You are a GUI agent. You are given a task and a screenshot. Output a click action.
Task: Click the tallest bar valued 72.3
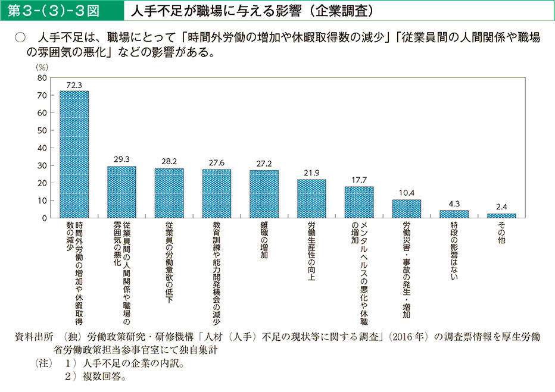click(x=74, y=155)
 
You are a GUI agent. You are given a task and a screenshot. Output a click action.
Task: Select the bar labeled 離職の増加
click(x=264, y=195)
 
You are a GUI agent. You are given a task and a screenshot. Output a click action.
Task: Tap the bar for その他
click(x=501, y=215)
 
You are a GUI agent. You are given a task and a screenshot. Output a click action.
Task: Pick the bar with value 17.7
click(x=359, y=203)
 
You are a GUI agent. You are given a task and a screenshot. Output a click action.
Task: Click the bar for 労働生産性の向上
click(x=311, y=199)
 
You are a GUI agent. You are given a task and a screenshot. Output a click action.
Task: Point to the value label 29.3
click(x=121, y=159)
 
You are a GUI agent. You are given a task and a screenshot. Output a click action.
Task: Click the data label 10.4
click(x=406, y=193)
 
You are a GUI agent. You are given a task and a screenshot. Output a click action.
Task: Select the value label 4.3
click(x=454, y=203)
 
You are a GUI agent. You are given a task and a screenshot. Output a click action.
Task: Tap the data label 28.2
click(x=169, y=162)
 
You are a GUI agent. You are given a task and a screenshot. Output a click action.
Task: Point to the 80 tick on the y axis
click(x=42, y=78)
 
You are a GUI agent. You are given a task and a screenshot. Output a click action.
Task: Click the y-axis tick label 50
click(x=42, y=130)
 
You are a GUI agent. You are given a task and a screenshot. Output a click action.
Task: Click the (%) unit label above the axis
click(x=42, y=68)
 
